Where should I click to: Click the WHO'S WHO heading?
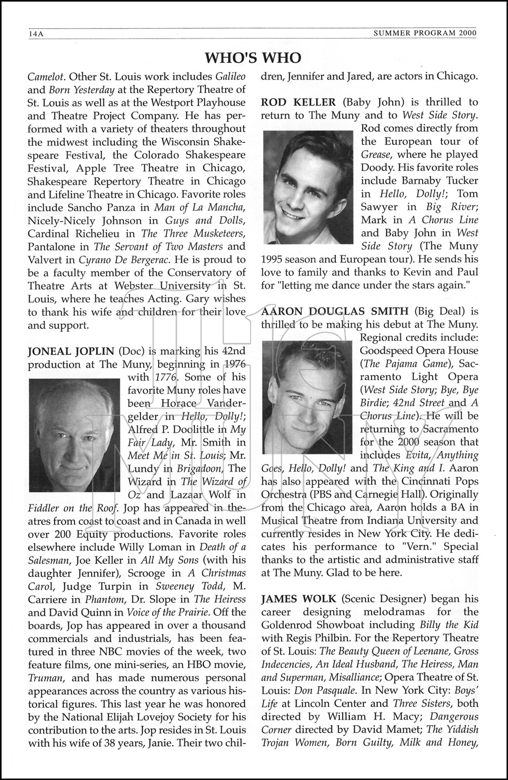tap(253, 57)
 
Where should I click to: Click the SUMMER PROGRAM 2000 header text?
tap(425, 34)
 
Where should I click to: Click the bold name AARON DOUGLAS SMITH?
tap(335, 311)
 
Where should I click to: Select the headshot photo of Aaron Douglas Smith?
tap(307, 397)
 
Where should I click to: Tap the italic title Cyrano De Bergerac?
tap(124, 259)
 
